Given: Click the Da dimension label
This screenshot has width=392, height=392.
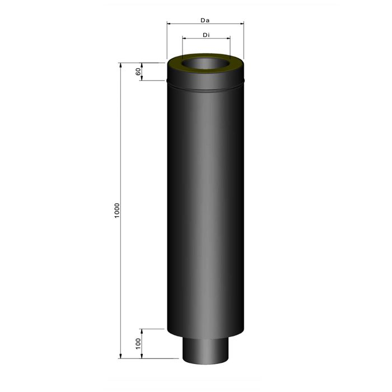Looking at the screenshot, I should [x=205, y=20].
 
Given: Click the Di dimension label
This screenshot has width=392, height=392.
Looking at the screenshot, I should [x=206, y=35].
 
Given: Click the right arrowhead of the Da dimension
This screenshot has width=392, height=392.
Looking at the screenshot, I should [x=241, y=24].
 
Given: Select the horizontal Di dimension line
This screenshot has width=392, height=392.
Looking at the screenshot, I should [x=206, y=39].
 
